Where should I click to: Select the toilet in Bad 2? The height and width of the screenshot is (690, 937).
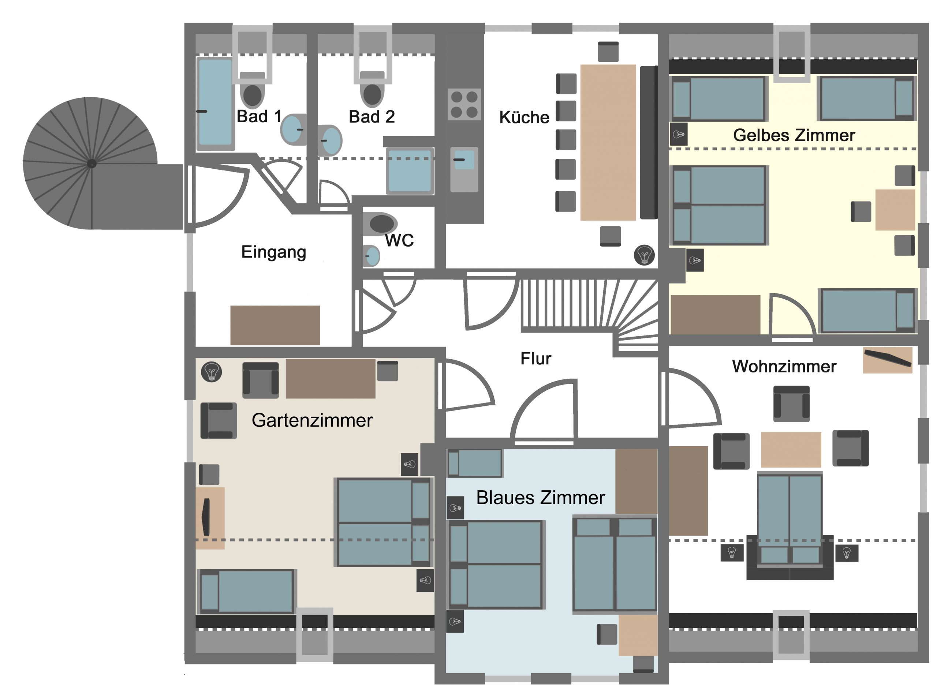(x=372, y=89)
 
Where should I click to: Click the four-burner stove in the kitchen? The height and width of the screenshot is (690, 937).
(x=464, y=104)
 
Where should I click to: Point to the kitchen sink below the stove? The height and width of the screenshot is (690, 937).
(x=464, y=169)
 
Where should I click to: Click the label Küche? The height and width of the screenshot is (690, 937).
(x=524, y=117)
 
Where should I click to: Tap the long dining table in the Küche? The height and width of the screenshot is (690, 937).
(x=608, y=142)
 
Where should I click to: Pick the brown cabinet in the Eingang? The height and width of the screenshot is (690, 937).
(x=275, y=325)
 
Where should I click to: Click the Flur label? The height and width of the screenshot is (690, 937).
(x=535, y=359)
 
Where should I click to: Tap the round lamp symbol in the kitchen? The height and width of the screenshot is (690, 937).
(x=644, y=255)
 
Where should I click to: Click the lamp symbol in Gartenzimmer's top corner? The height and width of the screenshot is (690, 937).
(x=212, y=372)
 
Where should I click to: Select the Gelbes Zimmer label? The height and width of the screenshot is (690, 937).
(x=794, y=135)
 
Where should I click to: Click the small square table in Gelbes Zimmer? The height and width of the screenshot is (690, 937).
(x=895, y=210)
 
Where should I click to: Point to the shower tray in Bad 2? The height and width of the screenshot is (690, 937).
(x=410, y=171)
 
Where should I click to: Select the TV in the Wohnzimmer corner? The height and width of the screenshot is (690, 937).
(x=888, y=359)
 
